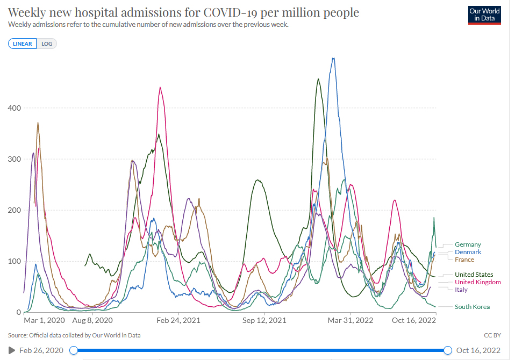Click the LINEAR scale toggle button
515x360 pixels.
coord(23,44)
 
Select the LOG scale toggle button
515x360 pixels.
coord(47,44)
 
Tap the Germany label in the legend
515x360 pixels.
coord(468,244)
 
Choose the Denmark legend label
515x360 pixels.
coord(468,252)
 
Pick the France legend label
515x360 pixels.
coord(464,260)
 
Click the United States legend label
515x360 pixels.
coord(474,275)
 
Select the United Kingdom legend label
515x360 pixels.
coord(477,282)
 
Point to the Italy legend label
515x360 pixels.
coord(461,290)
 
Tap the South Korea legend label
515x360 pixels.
coord(472,307)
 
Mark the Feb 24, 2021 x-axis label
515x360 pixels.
coord(178,320)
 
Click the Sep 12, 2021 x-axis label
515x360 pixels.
coord(265,320)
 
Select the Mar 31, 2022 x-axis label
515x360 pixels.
coord(351,320)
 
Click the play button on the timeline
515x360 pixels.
coord(12,350)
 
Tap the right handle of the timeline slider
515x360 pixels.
coord(448,350)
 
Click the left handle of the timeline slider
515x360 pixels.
coord(74,350)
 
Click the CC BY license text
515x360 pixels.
coord(492,335)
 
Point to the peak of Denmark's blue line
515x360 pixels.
coord(333,58)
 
